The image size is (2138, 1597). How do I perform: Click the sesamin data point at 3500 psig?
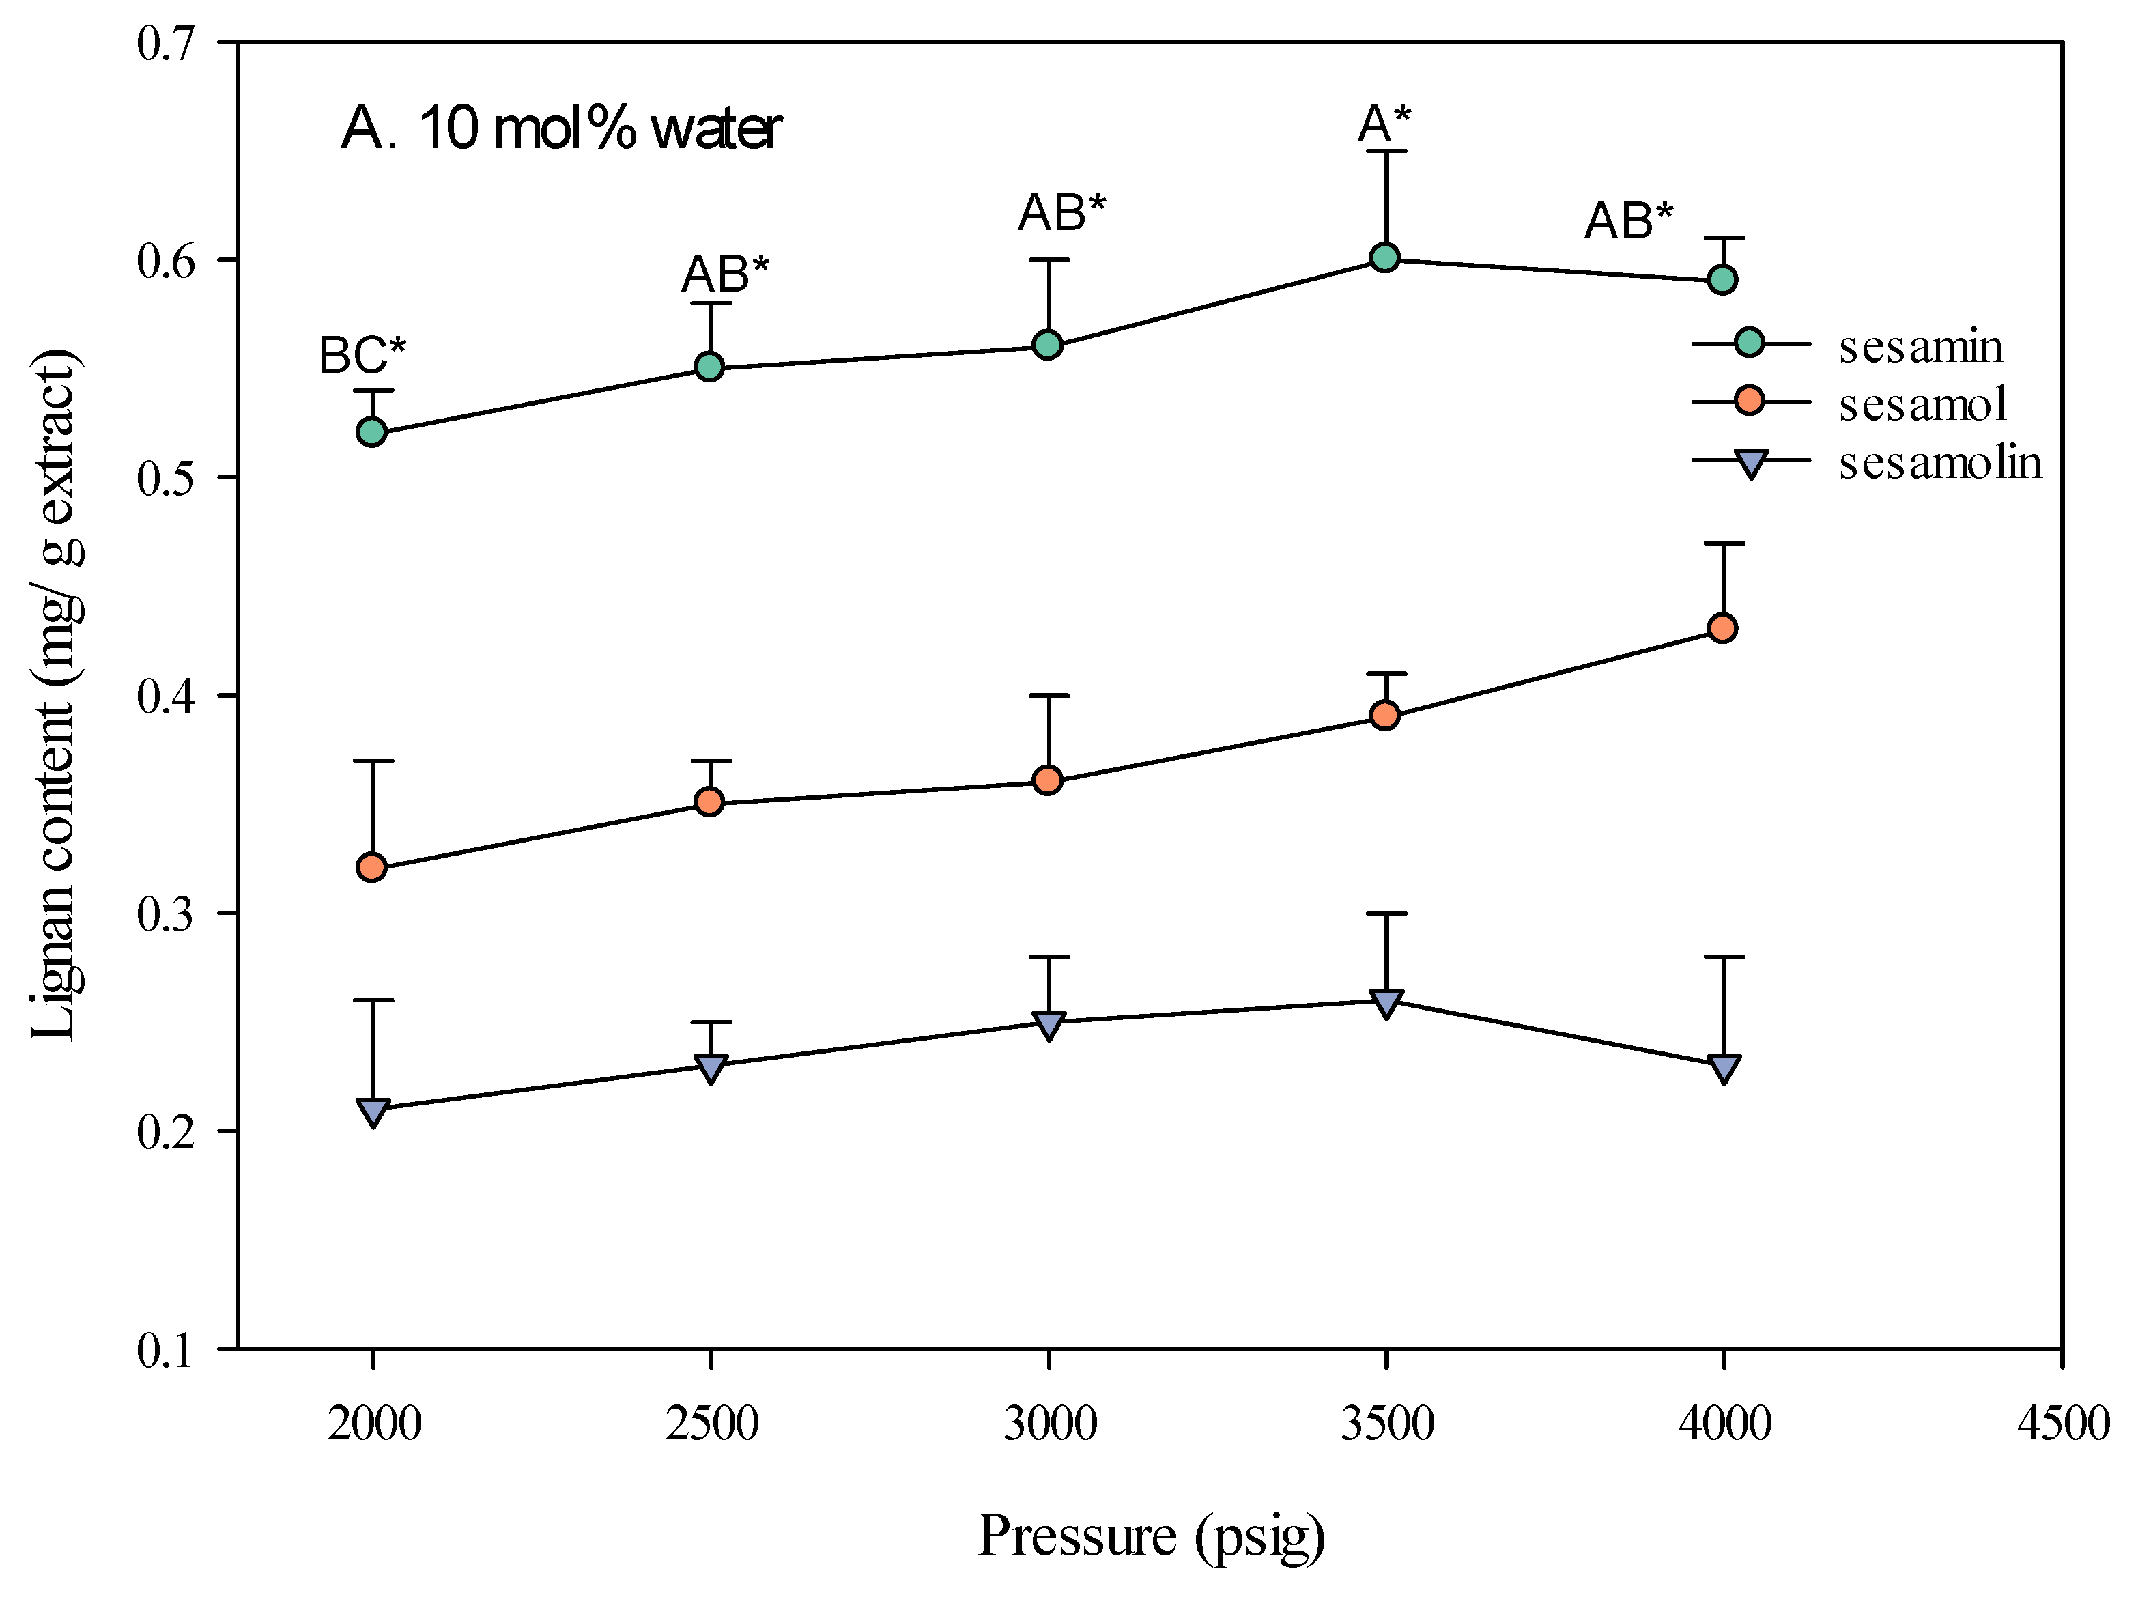[1385, 258]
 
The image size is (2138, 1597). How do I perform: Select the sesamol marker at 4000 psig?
[1722, 628]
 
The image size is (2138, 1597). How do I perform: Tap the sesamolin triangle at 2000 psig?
[372, 1112]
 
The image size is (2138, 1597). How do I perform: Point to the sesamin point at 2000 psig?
[372, 432]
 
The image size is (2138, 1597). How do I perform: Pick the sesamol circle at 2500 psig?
[709, 802]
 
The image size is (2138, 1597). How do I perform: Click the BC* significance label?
[362, 356]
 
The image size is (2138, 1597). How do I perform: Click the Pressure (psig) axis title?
[1150, 1535]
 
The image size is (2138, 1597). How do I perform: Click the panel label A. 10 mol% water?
[560, 128]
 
